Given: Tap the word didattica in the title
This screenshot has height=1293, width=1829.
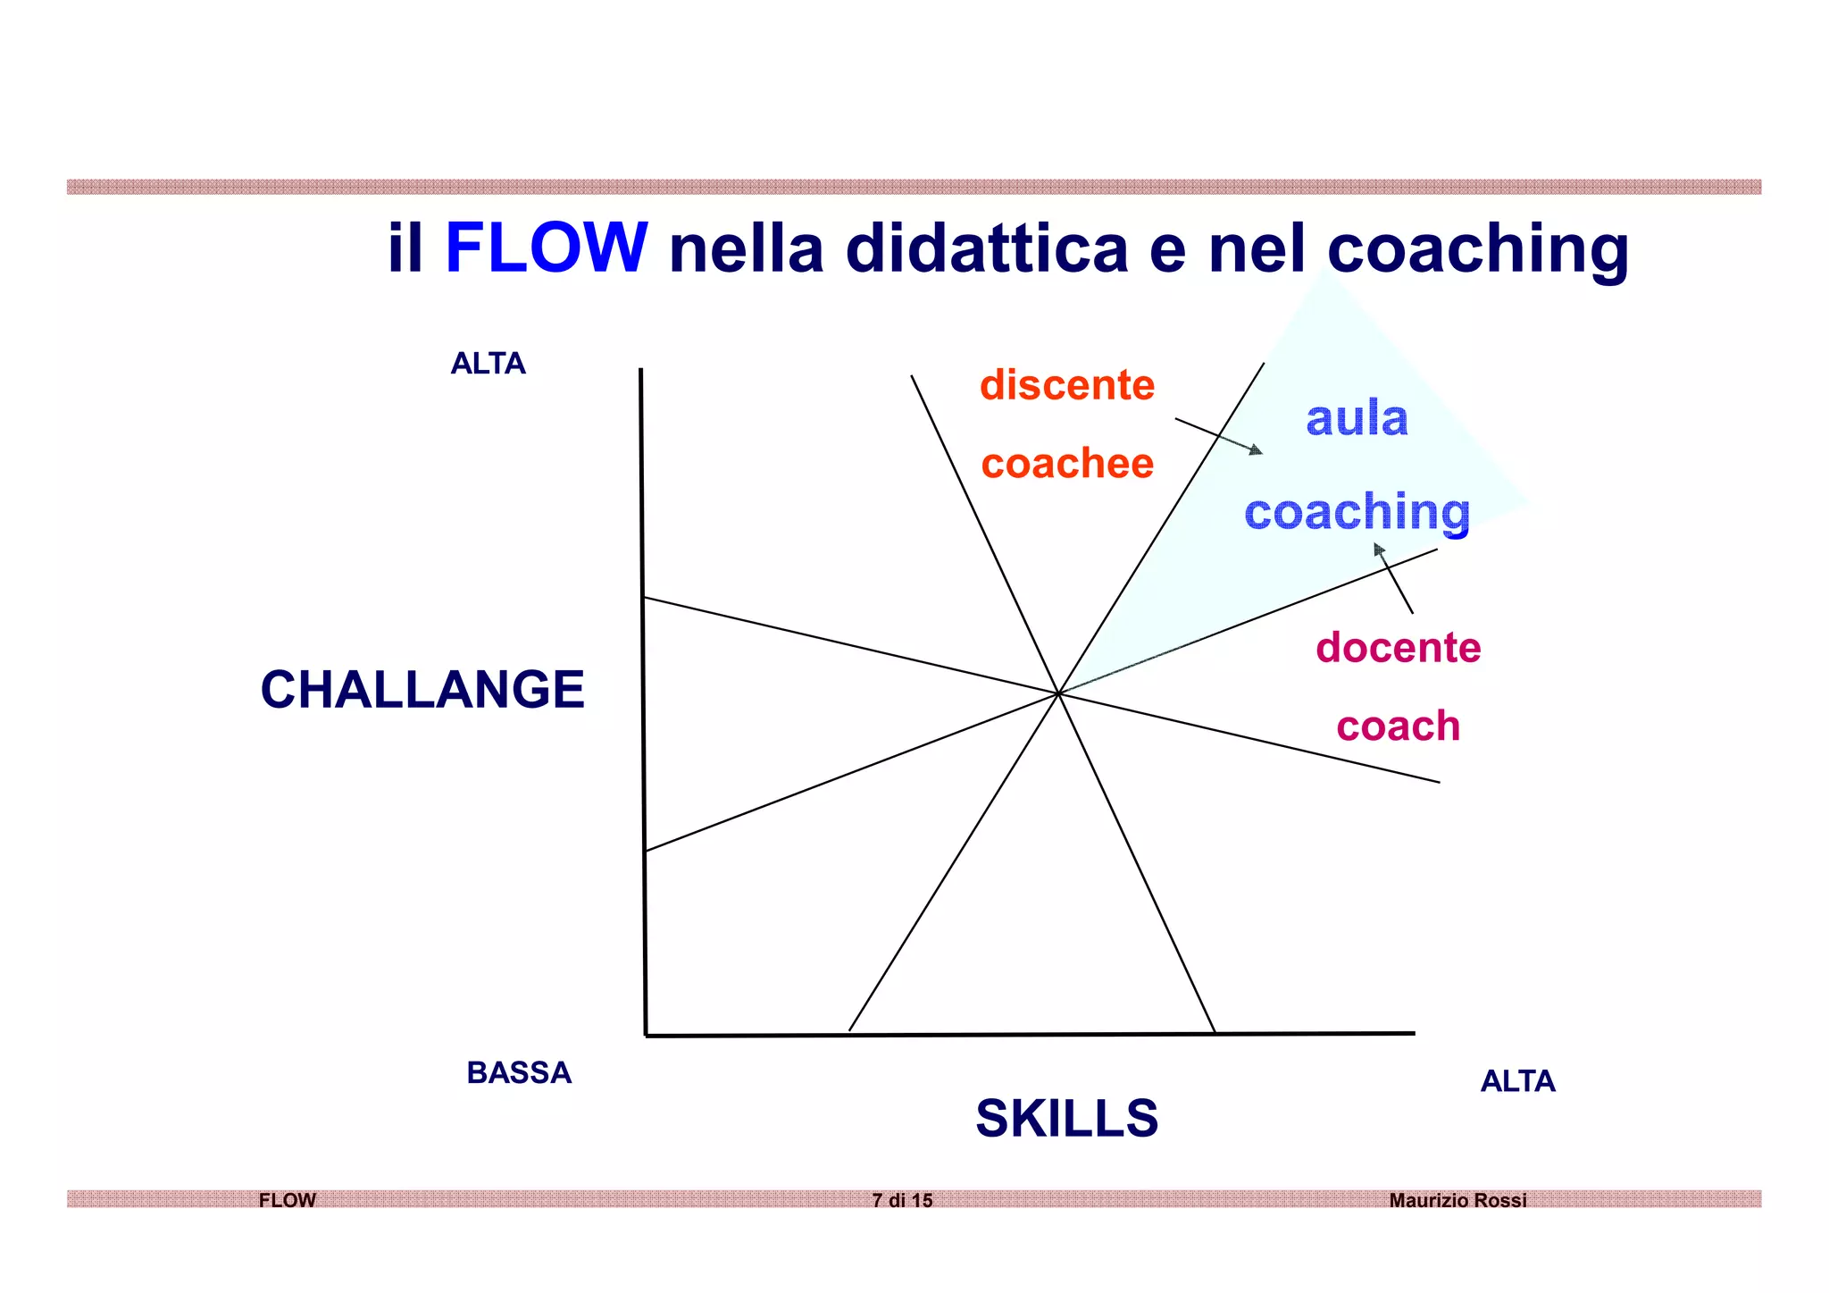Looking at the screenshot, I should (x=987, y=248).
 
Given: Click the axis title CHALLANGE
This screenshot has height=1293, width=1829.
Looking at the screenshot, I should (x=422, y=690).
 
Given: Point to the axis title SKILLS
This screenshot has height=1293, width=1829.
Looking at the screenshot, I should (x=1066, y=1118).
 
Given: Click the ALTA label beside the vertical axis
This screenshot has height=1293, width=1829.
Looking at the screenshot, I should (x=488, y=364).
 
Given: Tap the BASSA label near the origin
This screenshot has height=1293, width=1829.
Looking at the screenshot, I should (x=519, y=1072).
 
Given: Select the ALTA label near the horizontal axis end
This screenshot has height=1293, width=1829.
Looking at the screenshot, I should (x=1517, y=1081).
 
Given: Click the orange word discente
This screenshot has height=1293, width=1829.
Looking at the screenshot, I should (x=1067, y=385).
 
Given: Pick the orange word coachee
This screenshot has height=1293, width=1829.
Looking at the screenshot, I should (x=1067, y=464).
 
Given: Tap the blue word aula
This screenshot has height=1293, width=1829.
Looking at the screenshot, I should (x=1357, y=418).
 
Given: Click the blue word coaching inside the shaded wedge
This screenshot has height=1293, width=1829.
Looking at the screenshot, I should (x=1357, y=512).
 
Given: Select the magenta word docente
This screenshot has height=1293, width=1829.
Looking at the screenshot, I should (x=1398, y=647).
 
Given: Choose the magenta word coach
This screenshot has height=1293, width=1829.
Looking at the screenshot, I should (x=1398, y=726).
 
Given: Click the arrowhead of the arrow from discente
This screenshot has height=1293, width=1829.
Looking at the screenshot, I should (x=1257, y=450).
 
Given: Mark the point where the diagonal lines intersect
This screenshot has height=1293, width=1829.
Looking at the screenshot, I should (x=1058, y=693).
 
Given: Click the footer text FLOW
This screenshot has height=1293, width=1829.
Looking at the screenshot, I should (x=288, y=1200).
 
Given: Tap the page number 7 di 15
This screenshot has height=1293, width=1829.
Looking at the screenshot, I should (x=902, y=1200).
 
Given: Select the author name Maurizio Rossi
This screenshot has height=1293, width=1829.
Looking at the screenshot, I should (x=1457, y=1200).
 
